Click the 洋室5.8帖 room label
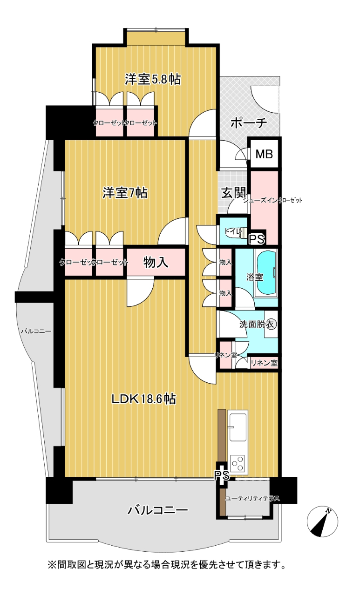(153, 79)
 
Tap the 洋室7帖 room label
(125, 193)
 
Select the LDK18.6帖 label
(143, 399)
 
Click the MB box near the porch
(264, 154)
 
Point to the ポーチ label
(249, 123)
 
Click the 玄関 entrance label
(233, 193)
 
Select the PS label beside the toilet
(257, 239)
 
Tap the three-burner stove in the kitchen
(238, 463)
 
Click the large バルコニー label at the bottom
(158, 510)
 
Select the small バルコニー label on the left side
(36, 331)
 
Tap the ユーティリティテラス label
(252, 498)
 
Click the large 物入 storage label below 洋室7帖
(156, 262)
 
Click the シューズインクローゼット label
(273, 200)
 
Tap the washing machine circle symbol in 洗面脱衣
(272, 325)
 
